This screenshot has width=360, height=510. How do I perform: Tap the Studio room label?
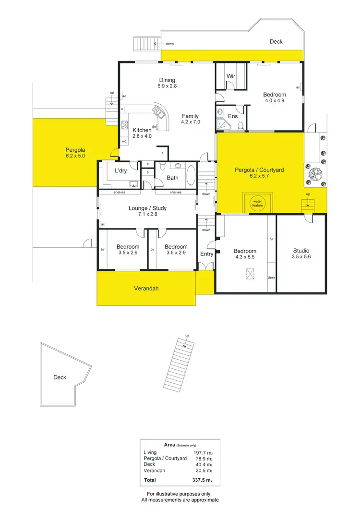(x=301, y=251)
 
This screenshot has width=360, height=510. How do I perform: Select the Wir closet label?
(x=231, y=76)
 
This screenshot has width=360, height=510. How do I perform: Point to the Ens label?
(x=233, y=116)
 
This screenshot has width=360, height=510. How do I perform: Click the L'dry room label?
(x=120, y=171)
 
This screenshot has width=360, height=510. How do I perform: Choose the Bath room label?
(x=172, y=178)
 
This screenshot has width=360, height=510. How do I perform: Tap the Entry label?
(x=206, y=254)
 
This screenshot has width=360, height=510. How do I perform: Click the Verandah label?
(x=146, y=289)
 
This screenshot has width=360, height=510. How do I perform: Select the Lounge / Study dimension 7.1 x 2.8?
(x=147, y=214)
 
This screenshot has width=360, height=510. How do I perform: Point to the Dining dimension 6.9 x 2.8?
(x=167, y=86)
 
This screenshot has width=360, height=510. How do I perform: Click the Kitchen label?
(x=142, y=130)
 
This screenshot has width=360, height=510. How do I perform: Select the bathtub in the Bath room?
(x=191, y=175)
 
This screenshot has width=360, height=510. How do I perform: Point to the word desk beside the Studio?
(x=272, y=277)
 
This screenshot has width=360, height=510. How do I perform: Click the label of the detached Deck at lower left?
(x=60, y=377)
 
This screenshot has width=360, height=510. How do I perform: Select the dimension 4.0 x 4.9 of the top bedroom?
(x=274, y=101)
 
